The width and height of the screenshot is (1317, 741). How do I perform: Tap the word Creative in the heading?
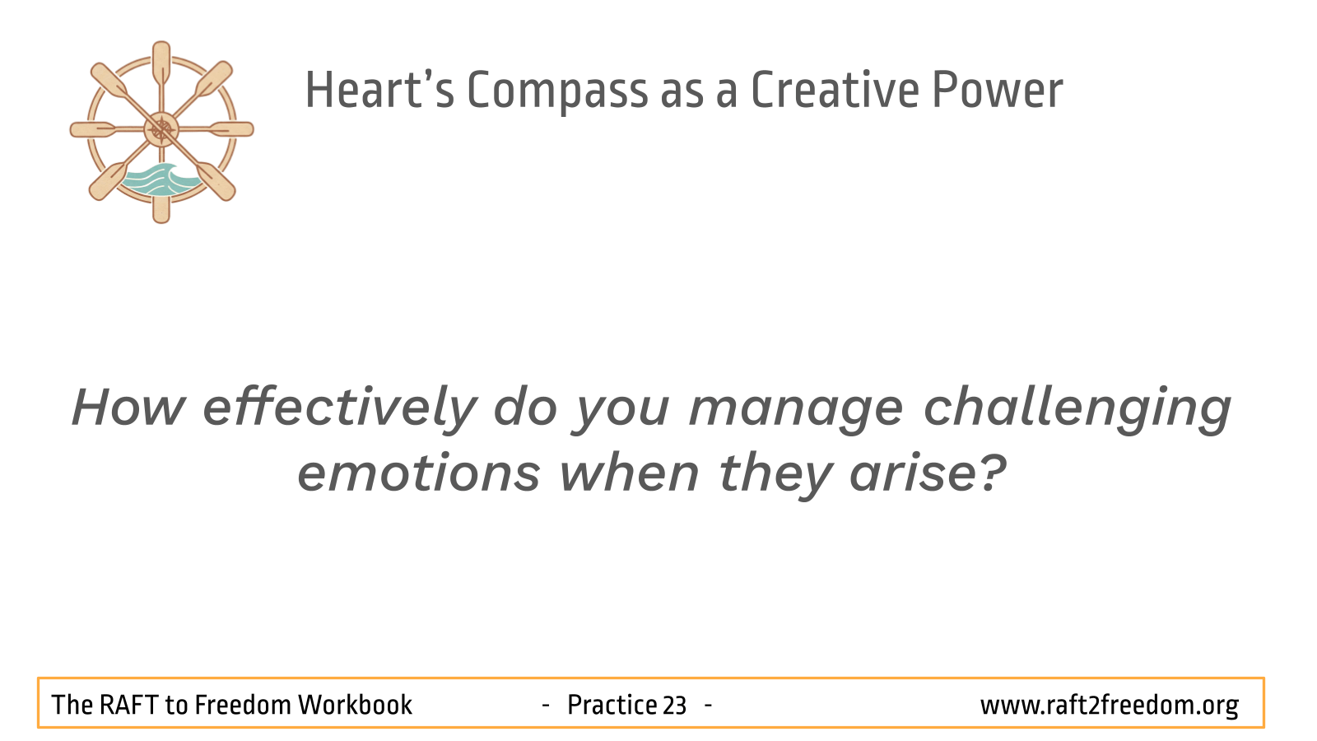point(835,90)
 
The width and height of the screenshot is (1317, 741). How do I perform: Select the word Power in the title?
point(998,90)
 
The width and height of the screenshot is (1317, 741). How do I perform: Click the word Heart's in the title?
point(379,90)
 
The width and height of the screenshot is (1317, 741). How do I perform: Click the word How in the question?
point(128,407)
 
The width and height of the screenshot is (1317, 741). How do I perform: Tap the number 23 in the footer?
point(674,706)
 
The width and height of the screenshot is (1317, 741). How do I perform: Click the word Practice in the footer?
point(612,705)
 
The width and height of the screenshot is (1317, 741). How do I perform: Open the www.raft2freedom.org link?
point(1109,706)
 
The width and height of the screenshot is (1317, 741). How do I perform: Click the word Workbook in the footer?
point(355,705)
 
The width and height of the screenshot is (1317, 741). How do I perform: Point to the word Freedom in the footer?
point(243,705)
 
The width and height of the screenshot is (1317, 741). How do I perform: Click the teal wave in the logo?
point(160,180)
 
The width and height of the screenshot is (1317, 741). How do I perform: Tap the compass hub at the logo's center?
point(161,129)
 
